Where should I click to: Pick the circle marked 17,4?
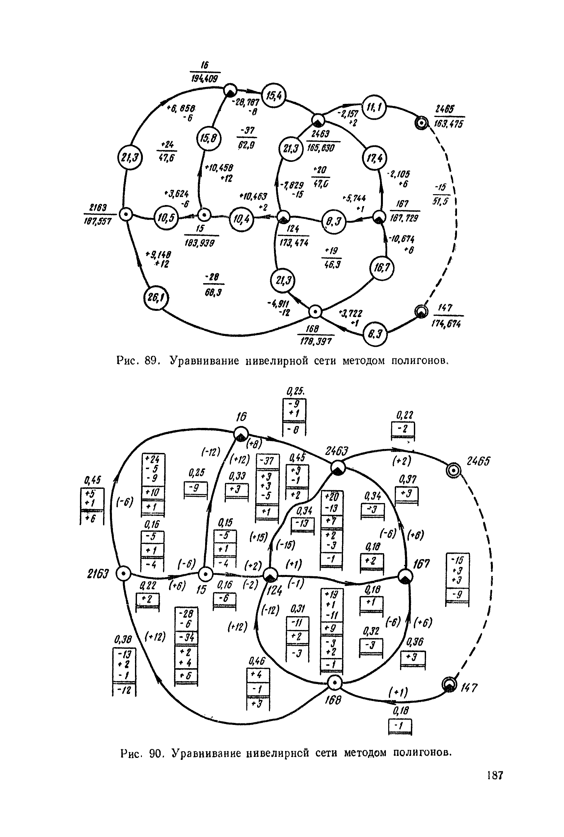click(x=374, y=158)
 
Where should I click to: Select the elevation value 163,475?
click(x=448, y=124)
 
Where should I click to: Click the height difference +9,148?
click(x=158, y=254)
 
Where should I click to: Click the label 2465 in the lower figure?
click(x=478, y=462)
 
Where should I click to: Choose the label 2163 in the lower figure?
click(x=97, y=574)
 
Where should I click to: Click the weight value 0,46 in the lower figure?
click(x=256, y=661)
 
